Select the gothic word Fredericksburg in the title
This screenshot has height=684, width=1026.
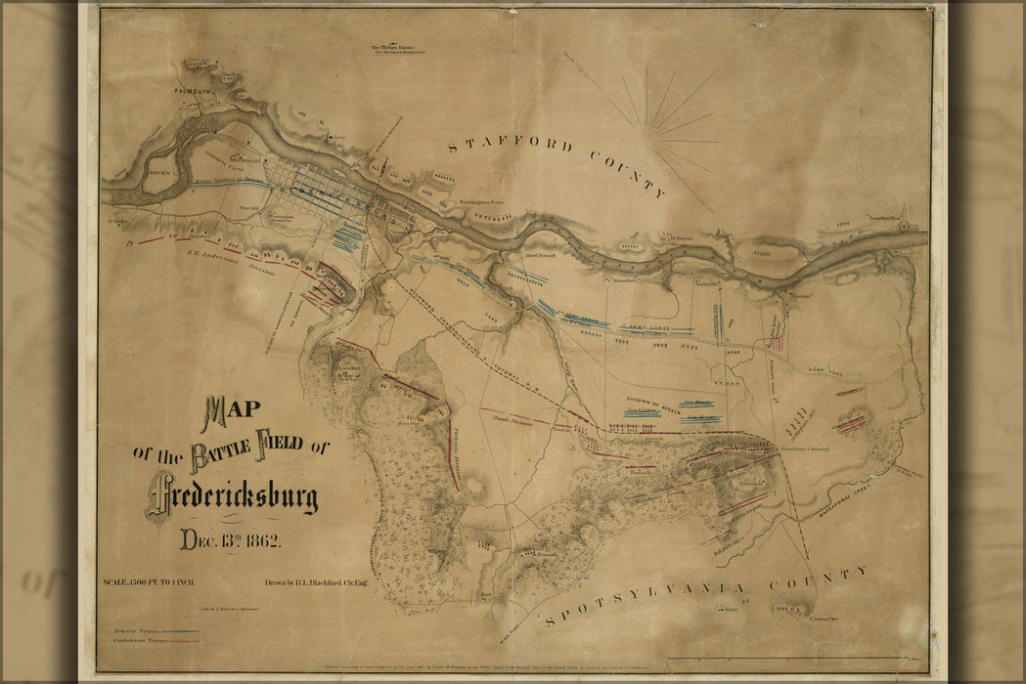point(235,493)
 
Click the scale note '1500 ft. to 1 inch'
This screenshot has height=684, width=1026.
point(153,583)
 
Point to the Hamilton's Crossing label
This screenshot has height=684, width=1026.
point(805,449)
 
